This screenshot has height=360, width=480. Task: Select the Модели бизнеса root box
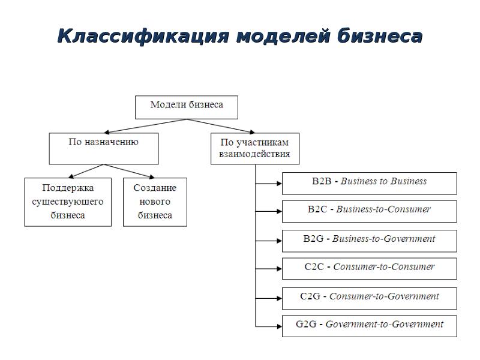pyautogui.click(x=186, y=107)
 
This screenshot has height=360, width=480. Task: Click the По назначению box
pyautogui.click(x=103, y=148)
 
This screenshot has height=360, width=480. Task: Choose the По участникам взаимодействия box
pyautogui.click(x=254, y=148)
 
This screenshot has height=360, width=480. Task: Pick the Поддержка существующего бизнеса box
pyautogui.click(x=67, y=202)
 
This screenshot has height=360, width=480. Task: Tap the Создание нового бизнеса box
pyautogui.click(x=155, y=202)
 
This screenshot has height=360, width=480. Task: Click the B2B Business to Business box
pyautogui.click(x=369, y=183)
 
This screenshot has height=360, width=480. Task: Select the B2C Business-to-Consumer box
pyautogui.click(x=369, y=211)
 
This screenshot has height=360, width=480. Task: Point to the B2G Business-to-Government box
pyautogui.click(x=369, y=240)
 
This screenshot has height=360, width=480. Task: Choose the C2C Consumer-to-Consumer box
pyautogui.click(x=369, y=268)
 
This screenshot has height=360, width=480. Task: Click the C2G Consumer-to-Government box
pyautogui.click(x=369, y=298)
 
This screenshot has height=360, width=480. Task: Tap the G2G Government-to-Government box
pyautogui.click(x=369, y=326)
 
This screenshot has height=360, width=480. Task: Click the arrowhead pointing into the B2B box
pyautogui.click(x=278, y=183)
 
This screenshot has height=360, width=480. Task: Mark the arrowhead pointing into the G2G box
pyautogui.click(x=278, y=326)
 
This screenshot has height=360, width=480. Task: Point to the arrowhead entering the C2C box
pyautogui.click(x=278, y=268)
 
